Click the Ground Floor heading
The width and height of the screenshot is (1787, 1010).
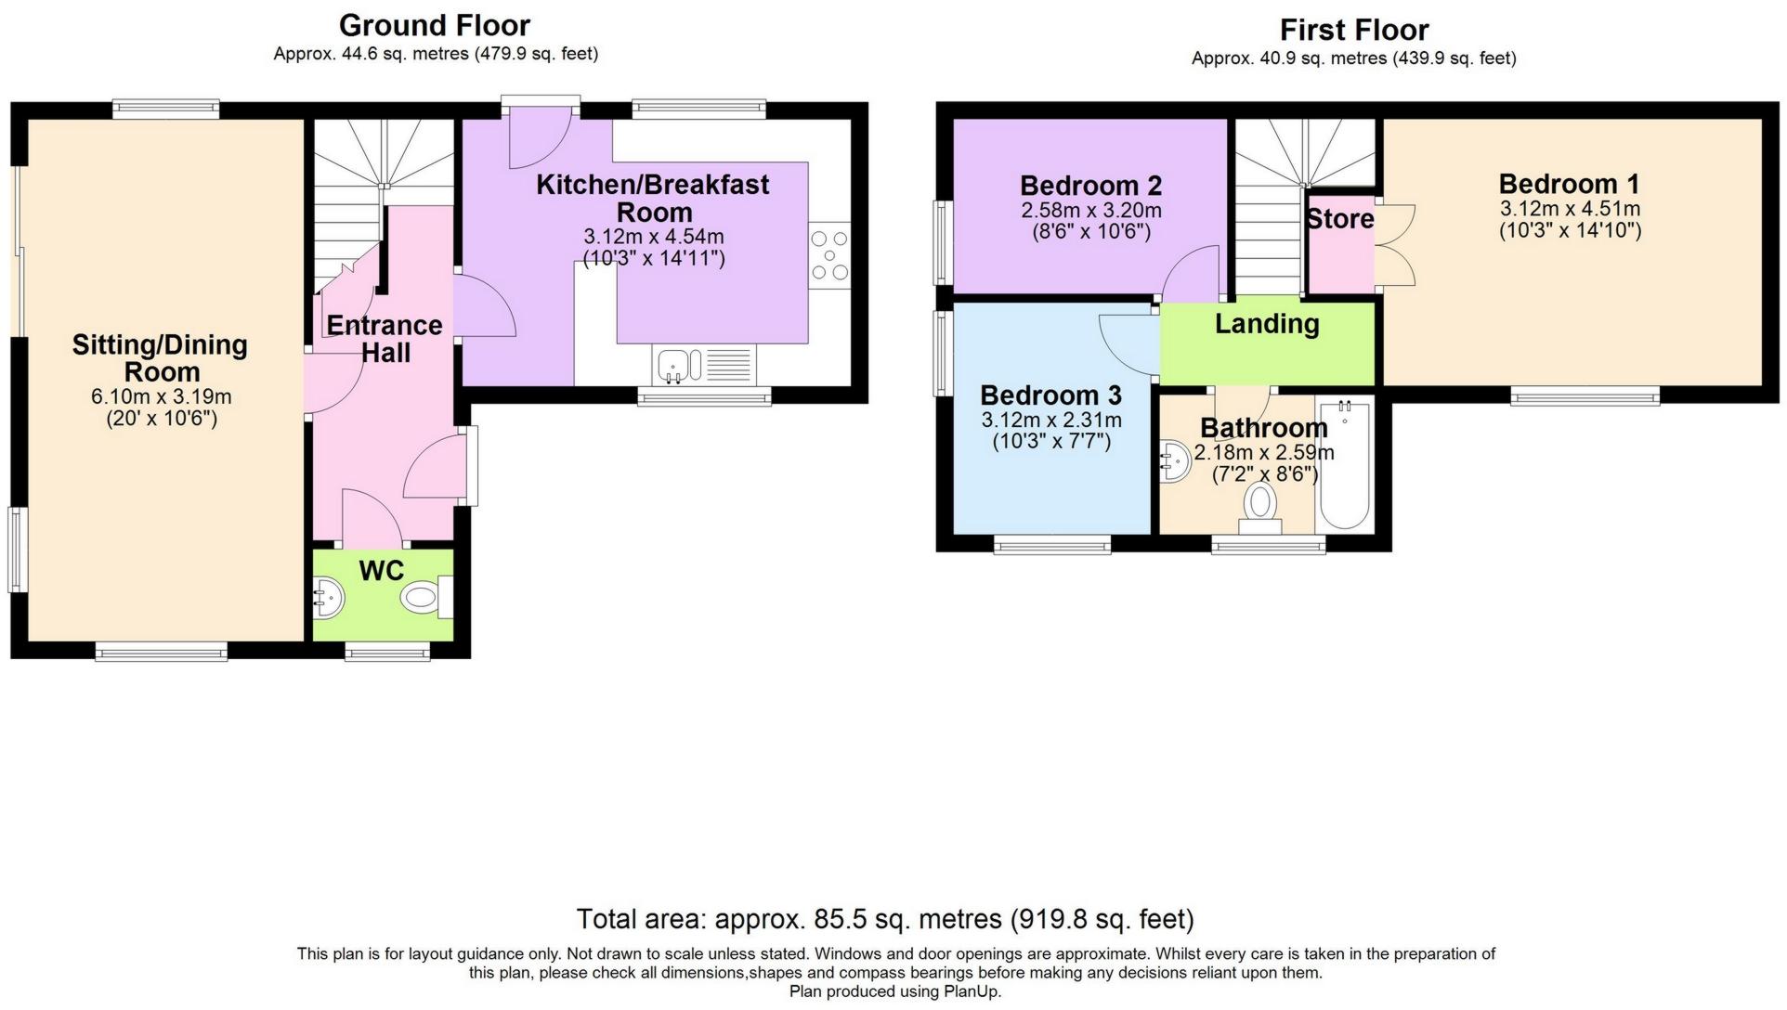coord(435,25)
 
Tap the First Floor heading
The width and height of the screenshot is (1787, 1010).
coord(1354,30)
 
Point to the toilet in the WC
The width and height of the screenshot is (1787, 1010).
coord(427,597)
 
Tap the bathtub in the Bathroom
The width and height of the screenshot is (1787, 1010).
coord(1344,464)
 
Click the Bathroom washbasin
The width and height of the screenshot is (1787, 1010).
coord(1175,461)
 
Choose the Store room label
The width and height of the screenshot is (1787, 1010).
coord(1340,219)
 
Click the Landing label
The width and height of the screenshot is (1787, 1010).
coord(1267,324)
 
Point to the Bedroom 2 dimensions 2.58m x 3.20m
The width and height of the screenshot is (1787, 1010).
coord(1091,211)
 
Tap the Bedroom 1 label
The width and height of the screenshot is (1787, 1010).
coord(1570,184)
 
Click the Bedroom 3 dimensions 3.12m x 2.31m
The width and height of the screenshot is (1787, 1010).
coord(1051,421)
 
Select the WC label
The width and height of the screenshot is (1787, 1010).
coord(382,571)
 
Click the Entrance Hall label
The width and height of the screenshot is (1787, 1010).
coord(385,339)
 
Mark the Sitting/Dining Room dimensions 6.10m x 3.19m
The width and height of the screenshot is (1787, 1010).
coord(161,397)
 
